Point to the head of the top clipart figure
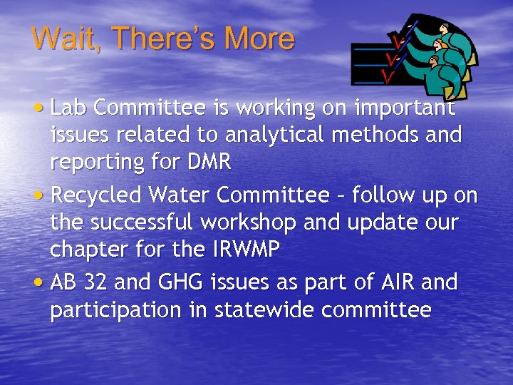[x=445, y=29]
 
